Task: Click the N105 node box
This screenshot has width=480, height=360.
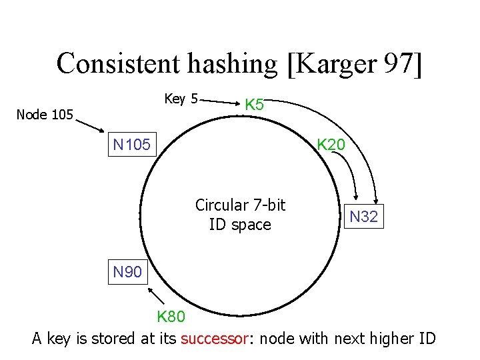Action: point(132,144)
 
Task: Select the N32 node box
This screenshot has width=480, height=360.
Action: point(363,217)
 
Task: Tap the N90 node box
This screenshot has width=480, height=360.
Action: point(127,272)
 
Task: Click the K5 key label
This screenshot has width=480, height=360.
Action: point(255,105)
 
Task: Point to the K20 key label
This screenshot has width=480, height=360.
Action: point(330,144)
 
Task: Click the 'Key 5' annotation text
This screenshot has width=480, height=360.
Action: point(181,99)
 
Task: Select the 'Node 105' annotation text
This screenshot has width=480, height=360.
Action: point(45,115)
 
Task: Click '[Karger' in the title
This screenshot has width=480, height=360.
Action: point(331,64)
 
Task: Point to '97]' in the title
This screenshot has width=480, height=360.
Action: point(402,64)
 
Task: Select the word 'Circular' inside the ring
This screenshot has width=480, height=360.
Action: point(222,205)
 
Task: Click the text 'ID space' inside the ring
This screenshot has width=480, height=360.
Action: point(240,225)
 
